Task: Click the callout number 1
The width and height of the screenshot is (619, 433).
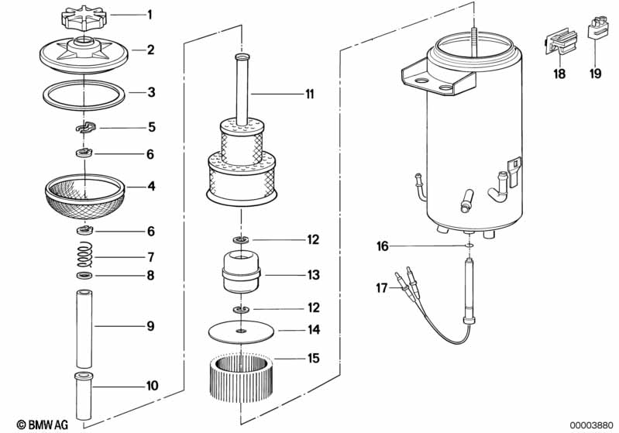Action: (x=150, y=14)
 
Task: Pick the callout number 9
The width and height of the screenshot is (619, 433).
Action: (x=150, y=326)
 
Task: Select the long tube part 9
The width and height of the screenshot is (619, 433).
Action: (x=84, y=325)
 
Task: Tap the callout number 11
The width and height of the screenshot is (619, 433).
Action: (x=309, y=95)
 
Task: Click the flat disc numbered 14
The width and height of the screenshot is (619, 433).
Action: (x=242, y=331)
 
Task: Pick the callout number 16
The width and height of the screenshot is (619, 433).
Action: (x=382, y=246)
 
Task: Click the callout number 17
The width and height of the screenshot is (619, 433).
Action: (x=382, y=288)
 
